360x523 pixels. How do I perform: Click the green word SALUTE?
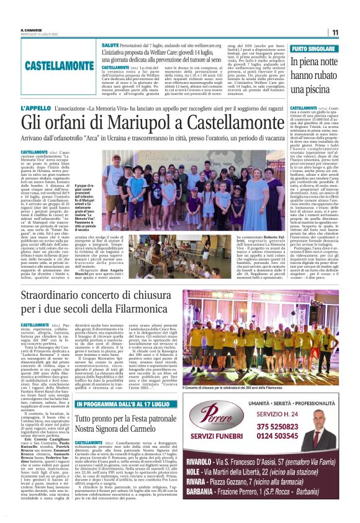point(110,46)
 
